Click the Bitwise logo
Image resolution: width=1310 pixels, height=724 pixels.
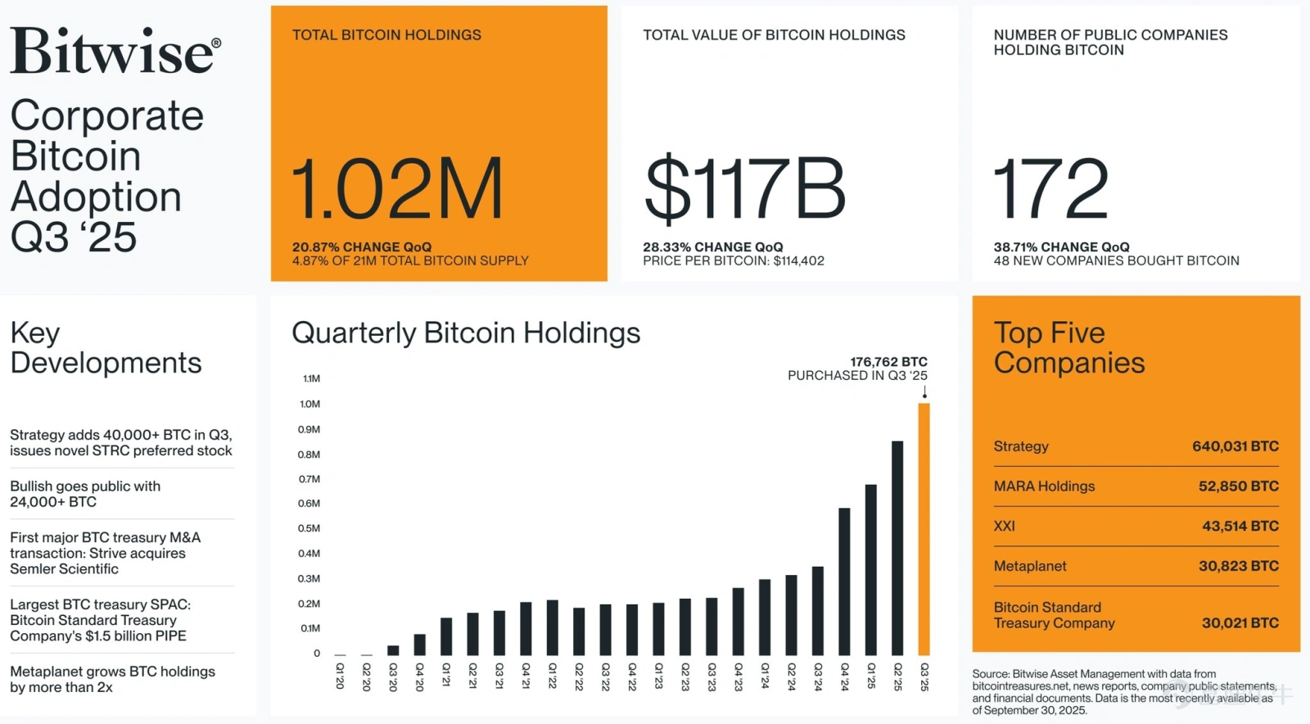[x=115, y=51]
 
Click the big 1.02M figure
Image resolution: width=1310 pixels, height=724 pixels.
[x=397, y=188]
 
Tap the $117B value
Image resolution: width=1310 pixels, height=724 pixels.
[x=744, y=189]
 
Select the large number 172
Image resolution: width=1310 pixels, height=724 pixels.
[x=1050, y=188]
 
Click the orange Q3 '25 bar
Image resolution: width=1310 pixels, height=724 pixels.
[x=924, y=529]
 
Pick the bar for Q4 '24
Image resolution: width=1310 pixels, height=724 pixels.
[x=844, y=581]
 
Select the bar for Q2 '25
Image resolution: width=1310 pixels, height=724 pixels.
[x=897, y=548]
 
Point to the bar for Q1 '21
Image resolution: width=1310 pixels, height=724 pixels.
[x=446, y=636]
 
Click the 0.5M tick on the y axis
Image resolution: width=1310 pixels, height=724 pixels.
[x=309, y=528]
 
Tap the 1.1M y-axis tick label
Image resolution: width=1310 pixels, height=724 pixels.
[x=311, y=378]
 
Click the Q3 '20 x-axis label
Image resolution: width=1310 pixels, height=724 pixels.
[x=393, y=676]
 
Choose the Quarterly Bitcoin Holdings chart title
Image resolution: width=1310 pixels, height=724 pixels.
[x=466, y=333]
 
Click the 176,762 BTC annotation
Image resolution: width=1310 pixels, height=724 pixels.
[x=888, y=362]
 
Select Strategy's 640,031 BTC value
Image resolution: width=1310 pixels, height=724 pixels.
[x=1235, y=446]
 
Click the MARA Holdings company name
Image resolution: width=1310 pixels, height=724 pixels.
[x=1044, y=486]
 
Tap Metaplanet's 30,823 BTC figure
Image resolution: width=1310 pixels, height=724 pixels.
[x=1239, y=566]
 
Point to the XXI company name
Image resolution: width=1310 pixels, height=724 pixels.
[x=1004, y=526]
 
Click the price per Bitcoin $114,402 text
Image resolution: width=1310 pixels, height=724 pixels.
[x=734, y=260]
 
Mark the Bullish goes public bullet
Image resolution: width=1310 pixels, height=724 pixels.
[x=85, y=494]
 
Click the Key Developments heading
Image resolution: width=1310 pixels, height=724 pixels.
[x=106, y=347]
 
